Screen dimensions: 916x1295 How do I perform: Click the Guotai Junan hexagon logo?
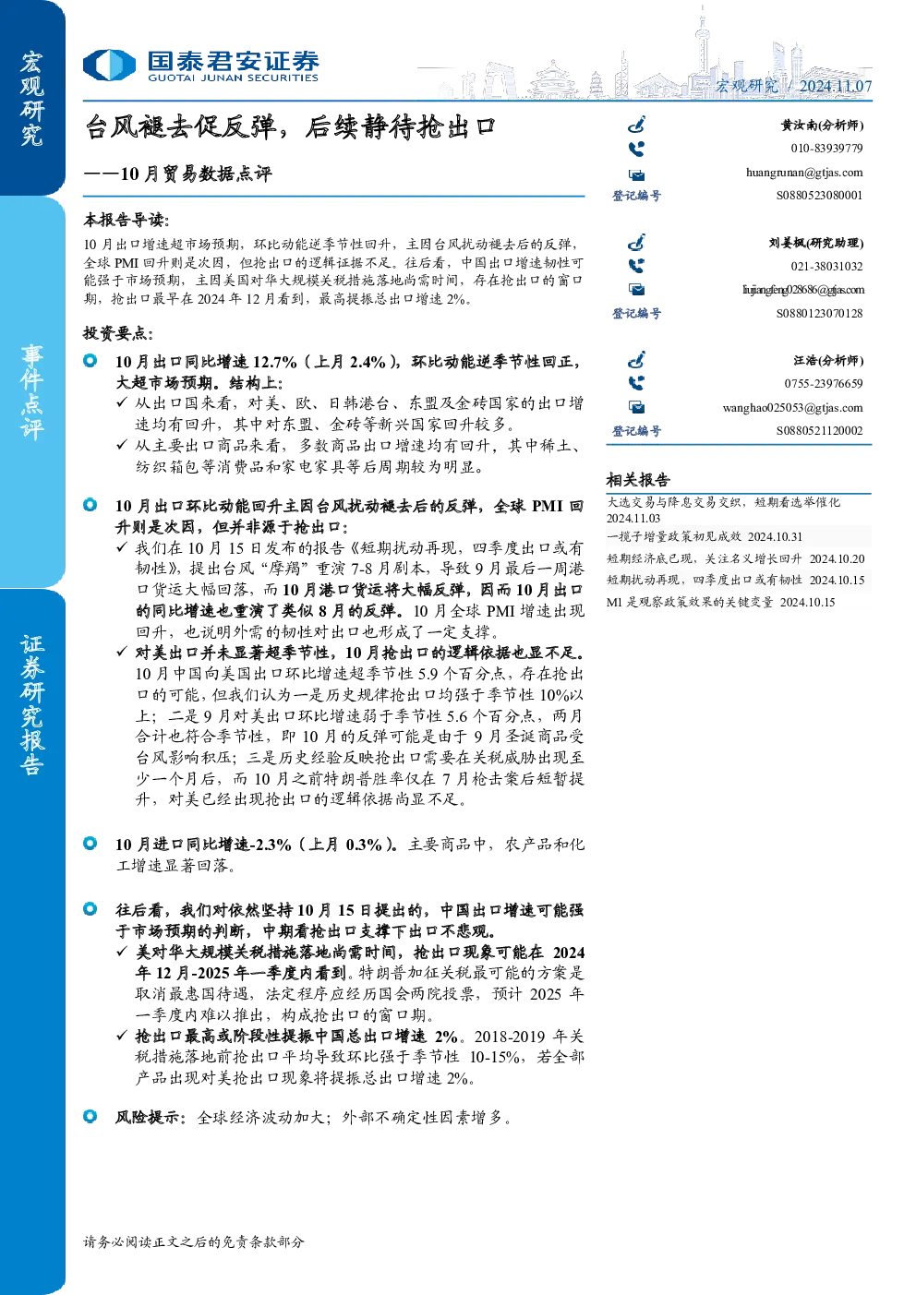coord(109,65)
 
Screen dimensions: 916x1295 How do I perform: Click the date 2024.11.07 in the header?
coord(836,86)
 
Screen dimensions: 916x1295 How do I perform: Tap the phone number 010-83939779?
coord(826,149)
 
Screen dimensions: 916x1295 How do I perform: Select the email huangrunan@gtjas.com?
coord(804,173)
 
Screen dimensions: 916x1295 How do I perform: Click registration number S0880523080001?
coord(819,196)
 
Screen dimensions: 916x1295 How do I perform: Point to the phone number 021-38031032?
coord(826,267)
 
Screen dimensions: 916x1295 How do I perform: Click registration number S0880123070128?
coord(819,313)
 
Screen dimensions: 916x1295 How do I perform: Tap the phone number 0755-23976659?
coord(824,384)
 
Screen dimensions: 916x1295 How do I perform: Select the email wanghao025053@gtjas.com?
coord(792,408)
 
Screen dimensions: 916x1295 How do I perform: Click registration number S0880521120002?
coord(819,431)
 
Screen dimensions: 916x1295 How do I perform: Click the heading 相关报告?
coord(638,479)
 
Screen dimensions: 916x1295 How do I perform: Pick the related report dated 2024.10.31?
coord(705,536)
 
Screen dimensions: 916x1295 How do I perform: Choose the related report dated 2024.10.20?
coord(735,558)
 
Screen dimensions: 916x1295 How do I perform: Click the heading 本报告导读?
coord(127,221)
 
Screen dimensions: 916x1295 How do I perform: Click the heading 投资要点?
coord(118,333)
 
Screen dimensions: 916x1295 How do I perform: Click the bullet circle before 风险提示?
coord(90,1116)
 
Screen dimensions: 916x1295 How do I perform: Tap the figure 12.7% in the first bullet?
coord(274,362)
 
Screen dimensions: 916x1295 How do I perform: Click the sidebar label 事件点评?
coord(32,392)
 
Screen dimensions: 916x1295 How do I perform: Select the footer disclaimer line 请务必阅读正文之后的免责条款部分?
coord(193,1241)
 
